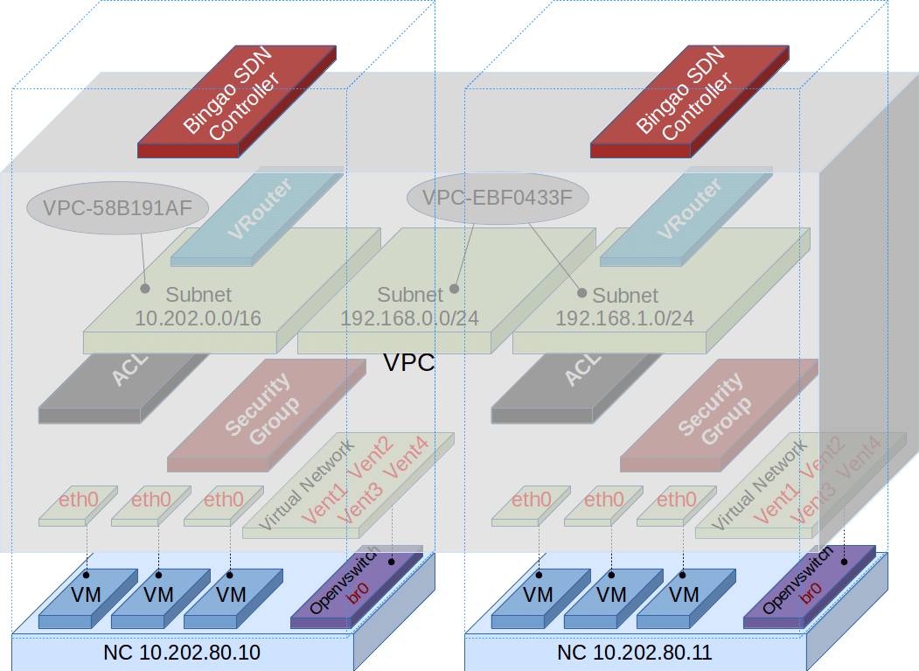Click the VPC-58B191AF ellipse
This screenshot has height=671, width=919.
click(117, 207)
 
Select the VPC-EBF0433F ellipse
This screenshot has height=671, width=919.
click(498, 197)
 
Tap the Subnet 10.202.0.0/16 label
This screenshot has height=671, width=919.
click(198, 306)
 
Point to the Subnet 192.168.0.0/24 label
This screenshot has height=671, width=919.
click(410, 306)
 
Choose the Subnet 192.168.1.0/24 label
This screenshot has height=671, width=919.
click(625, 306)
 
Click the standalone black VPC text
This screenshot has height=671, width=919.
click(409, 363)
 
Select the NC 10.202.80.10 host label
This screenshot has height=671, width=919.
click(182, 653)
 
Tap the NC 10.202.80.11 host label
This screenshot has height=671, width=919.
click(635, 653)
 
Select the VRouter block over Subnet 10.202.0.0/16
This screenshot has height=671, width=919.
click(256, 218)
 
